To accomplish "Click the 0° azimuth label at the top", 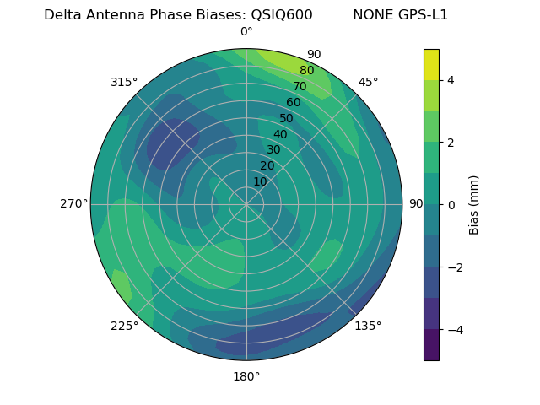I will (246, 32).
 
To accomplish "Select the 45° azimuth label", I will (369, 82).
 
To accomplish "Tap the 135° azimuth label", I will (368, 326).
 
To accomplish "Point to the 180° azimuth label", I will (246, 376).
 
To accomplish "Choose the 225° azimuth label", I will (124, 327).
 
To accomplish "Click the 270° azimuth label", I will (74, 203).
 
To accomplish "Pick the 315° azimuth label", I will (124, 82).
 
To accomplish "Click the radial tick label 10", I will (260, 181).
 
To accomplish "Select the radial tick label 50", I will (287, 118).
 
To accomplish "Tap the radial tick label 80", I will (307, 71).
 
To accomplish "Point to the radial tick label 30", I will (273, 150).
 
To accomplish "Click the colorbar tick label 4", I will (451, 80).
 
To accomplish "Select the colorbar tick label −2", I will (454, 267).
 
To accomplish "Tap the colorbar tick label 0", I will (451, 205).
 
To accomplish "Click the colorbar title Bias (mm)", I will (474, 205).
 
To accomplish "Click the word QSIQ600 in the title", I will (282, 15).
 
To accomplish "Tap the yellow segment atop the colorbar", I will (431, 64).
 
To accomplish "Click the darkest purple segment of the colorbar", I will (431, 345).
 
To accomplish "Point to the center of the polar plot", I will (246, 204).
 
